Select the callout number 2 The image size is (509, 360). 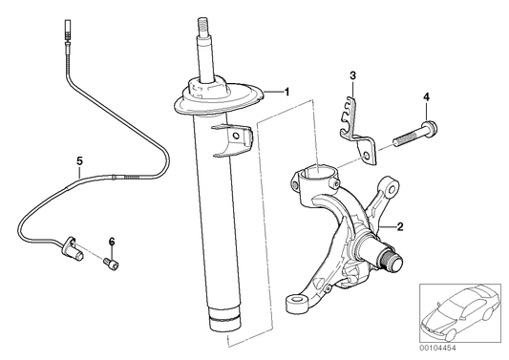400,227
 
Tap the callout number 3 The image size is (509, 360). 352,74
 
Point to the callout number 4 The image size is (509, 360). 427,96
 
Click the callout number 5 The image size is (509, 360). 80,162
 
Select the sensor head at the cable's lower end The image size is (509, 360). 71,250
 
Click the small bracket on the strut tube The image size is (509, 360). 232,138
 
